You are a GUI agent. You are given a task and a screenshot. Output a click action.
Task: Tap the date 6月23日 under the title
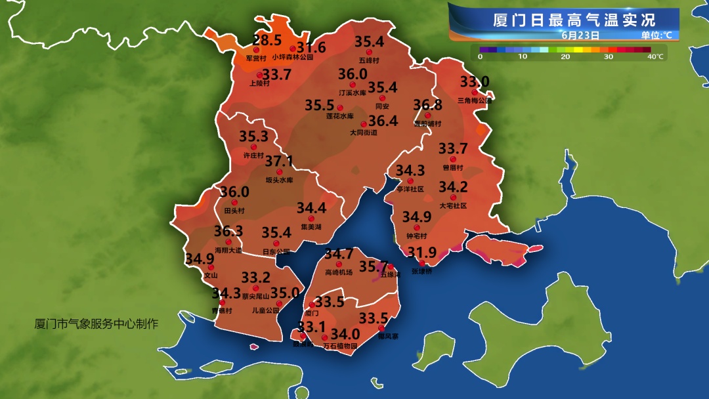click(580, 34)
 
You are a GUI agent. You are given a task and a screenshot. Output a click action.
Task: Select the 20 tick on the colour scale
click(565, 57)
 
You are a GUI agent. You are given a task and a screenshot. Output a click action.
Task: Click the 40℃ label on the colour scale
click(655, 57)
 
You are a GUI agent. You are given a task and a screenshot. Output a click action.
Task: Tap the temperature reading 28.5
click(267, 40)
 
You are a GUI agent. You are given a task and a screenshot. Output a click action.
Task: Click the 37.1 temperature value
click(278, 161)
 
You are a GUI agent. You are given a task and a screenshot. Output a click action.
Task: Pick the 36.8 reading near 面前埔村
click(427, 105)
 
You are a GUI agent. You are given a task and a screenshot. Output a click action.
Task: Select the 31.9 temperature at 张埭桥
click(422, 253)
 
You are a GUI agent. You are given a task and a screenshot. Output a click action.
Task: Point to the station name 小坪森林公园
click(293, 58)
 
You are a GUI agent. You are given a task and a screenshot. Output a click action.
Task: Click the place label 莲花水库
click(340, 116)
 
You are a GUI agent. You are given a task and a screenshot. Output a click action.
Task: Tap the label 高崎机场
click(339, 272)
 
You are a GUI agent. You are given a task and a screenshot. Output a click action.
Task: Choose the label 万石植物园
click(340, 346)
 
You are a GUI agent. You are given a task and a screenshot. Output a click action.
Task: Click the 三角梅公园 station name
click(474, 101)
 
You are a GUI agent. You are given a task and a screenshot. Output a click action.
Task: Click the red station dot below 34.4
click(312, 218)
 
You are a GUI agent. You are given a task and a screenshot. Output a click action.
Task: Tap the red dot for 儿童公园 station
click(280, 304)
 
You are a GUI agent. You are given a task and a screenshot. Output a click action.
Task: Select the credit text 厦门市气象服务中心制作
click(97, 324)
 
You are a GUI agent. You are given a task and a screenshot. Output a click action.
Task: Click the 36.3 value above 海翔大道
click(228, 232)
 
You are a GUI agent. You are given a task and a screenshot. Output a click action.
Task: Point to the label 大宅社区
click(453, 205)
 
